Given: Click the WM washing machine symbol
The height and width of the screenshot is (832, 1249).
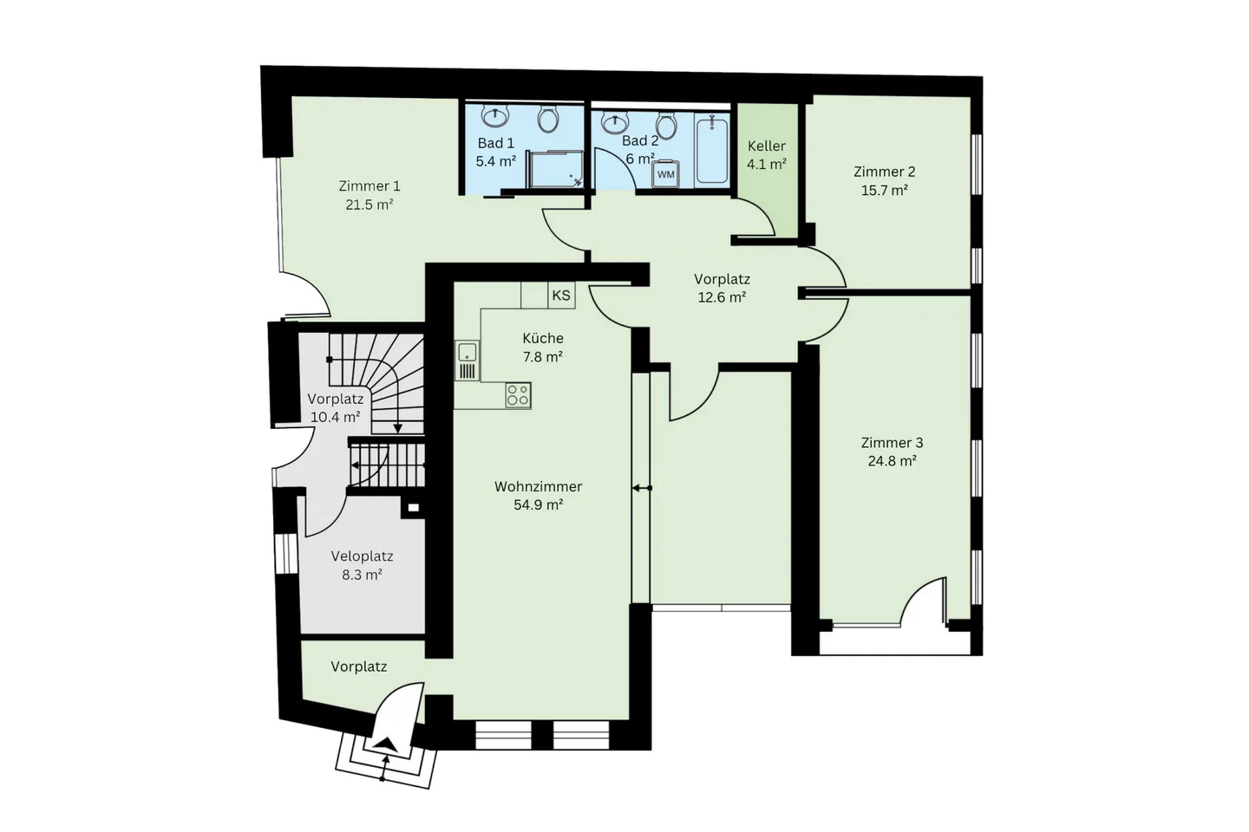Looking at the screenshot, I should click(x=665, y=173).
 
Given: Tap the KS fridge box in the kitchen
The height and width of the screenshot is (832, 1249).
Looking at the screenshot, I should click(x=561, y=296).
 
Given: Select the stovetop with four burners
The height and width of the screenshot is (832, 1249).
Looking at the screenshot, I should click(x=518, y=395).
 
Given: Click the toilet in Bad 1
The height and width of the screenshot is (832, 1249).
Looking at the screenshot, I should click(x=547, y=118).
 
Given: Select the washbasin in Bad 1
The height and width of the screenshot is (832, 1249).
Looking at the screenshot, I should click(x=495, y=115).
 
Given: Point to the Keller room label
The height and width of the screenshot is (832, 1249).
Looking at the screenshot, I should click(x=767, y=146).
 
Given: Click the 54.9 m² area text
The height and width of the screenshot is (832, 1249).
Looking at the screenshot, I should click(x=538, y=504).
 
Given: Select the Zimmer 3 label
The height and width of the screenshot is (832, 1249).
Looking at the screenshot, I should click(x=892, y=443).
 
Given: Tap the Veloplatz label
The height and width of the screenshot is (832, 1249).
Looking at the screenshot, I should click(x=362, y=556).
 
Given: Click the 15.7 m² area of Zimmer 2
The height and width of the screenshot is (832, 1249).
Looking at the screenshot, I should click(x=884, y=191).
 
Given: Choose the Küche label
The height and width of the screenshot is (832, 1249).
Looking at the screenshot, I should click(x=543, y=338).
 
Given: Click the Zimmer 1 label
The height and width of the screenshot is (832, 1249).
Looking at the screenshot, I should click(x=369, y=185).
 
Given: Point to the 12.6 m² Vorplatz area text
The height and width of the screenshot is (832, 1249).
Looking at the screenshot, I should click(x=722, y=297).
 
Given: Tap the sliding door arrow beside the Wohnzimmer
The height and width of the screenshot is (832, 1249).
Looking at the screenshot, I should click(x=642, y=488).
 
